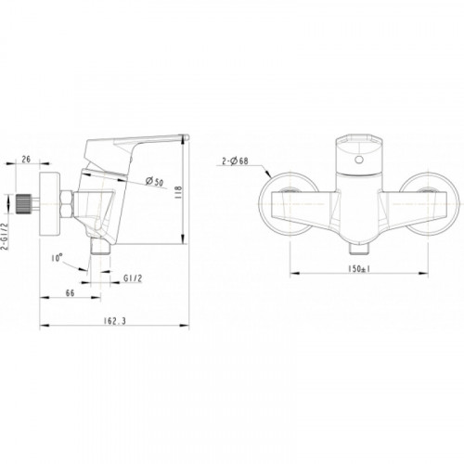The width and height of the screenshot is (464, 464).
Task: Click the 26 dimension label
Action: [27, 159]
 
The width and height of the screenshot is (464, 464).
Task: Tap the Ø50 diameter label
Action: [154, 182]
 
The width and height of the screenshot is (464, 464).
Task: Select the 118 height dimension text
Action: [179, 192]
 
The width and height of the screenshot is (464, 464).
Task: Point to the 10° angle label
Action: [57, 257]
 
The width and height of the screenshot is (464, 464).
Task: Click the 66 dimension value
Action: [71, 292]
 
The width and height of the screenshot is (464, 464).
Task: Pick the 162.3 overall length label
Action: [115, 321]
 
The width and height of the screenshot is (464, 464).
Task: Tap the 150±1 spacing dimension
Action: [359, 269]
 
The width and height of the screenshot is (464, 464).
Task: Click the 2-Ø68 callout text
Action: [235, 161]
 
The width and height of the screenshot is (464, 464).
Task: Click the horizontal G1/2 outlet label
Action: [133, 278]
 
